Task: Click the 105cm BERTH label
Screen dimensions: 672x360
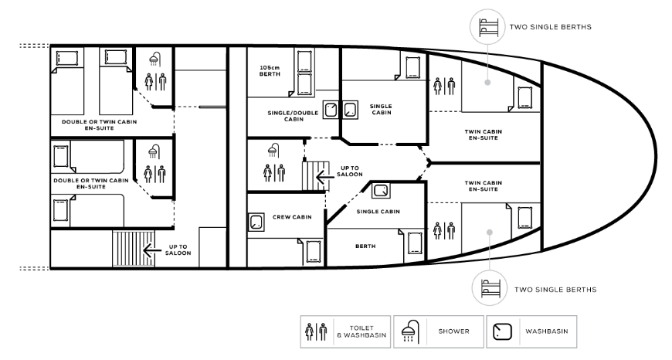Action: coord(270,71)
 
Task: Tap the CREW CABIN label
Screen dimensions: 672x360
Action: coord(292,217)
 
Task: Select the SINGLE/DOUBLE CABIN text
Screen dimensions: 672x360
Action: coord(294,116)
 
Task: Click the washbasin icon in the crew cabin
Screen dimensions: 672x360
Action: coord(256,222)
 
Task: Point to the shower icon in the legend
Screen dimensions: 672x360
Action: coord(409,331)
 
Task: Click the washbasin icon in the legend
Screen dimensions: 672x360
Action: coord(502,331)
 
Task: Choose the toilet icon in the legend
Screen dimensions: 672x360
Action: coord(316,331)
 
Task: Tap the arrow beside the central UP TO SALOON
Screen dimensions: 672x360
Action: coord(324,175)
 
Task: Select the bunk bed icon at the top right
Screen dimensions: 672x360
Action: coord(489,26)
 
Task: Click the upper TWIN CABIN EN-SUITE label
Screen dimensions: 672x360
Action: coord(483,134)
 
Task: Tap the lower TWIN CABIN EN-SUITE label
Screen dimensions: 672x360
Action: coord(483,185)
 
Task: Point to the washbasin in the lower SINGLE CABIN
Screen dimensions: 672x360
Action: coord(381,190)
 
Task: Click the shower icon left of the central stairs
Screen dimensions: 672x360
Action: coord(273,151)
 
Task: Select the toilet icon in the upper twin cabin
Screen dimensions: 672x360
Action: coord(444,87)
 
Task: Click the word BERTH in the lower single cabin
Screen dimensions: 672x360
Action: coord(365,246)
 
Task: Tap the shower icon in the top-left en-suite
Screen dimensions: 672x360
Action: coord(154,59)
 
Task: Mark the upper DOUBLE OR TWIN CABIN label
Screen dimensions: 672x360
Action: coord(99,124)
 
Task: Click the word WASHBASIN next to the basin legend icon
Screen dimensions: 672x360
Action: coord(546,331)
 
